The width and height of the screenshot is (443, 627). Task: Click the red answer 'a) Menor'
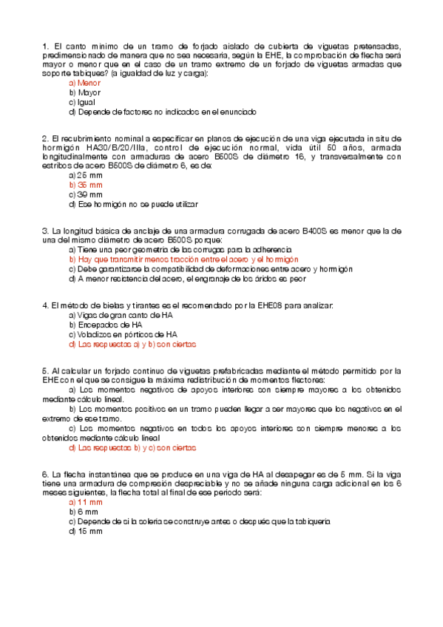(84, 84)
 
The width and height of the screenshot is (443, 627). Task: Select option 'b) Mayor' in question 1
(84, 93)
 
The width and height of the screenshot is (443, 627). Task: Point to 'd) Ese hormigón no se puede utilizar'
(133, 204)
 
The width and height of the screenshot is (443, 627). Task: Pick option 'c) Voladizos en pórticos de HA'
(123, 335)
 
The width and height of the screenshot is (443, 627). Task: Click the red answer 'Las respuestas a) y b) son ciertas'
(132, 345)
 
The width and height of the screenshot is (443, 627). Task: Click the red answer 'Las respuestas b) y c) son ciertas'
(132, 447)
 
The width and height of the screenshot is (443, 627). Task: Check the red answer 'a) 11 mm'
(86, 502)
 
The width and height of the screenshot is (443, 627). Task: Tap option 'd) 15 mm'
(86, 531)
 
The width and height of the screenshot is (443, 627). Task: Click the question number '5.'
(46, 370)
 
